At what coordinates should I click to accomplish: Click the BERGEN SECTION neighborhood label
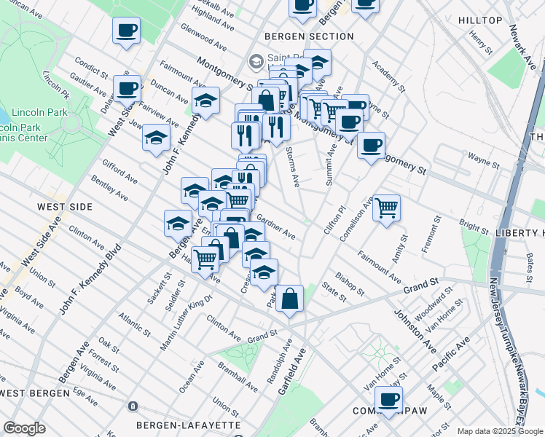(x=299, y=36)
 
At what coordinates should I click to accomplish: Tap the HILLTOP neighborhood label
(x=481, y=20)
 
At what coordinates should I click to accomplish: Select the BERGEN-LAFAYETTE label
(x=189, y=424)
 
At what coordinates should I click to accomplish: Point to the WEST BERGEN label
(x=35, y=393)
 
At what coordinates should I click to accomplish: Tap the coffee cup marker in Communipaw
(x=388, y=399)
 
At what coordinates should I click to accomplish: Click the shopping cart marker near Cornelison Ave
(x=386, y=208)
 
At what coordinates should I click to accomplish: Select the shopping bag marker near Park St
(x=289, y=298)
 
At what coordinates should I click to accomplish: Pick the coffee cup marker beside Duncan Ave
(x=127, y=89)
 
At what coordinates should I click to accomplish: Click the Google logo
(x=24, y=428)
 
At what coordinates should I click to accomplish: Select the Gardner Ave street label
(x=276, y=227)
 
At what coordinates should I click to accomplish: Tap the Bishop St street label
(x=350, y=284)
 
